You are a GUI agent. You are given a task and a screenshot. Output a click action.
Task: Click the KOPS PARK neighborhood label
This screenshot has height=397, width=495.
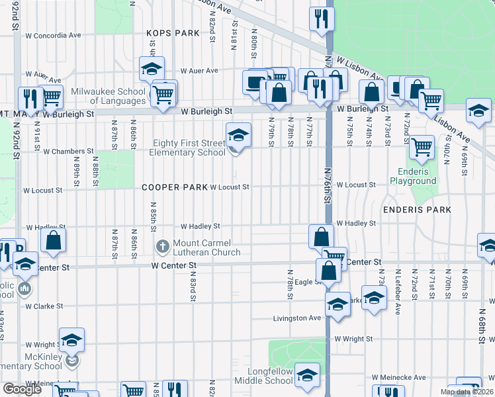point(173,32)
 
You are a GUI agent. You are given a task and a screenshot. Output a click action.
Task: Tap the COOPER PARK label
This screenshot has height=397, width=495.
point(174,187)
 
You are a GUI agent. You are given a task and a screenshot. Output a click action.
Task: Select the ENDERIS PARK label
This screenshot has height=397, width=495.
point(417,210)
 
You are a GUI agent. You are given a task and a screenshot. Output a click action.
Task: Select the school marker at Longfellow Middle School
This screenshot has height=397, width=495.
point(306,376)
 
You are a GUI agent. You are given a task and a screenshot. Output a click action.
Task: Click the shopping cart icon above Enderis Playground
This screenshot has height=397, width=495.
point(422,148)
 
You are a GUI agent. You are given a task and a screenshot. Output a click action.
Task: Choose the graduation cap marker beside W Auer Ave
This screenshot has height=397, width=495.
point(152,68)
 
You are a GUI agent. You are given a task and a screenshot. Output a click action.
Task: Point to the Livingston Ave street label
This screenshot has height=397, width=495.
point(297,318)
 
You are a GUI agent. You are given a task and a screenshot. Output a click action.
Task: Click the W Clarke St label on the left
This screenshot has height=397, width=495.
point(44,306)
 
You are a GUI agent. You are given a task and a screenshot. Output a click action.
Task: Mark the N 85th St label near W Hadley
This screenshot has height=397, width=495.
point(154,217)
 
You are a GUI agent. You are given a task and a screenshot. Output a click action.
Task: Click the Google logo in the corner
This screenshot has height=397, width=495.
point(22,389)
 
